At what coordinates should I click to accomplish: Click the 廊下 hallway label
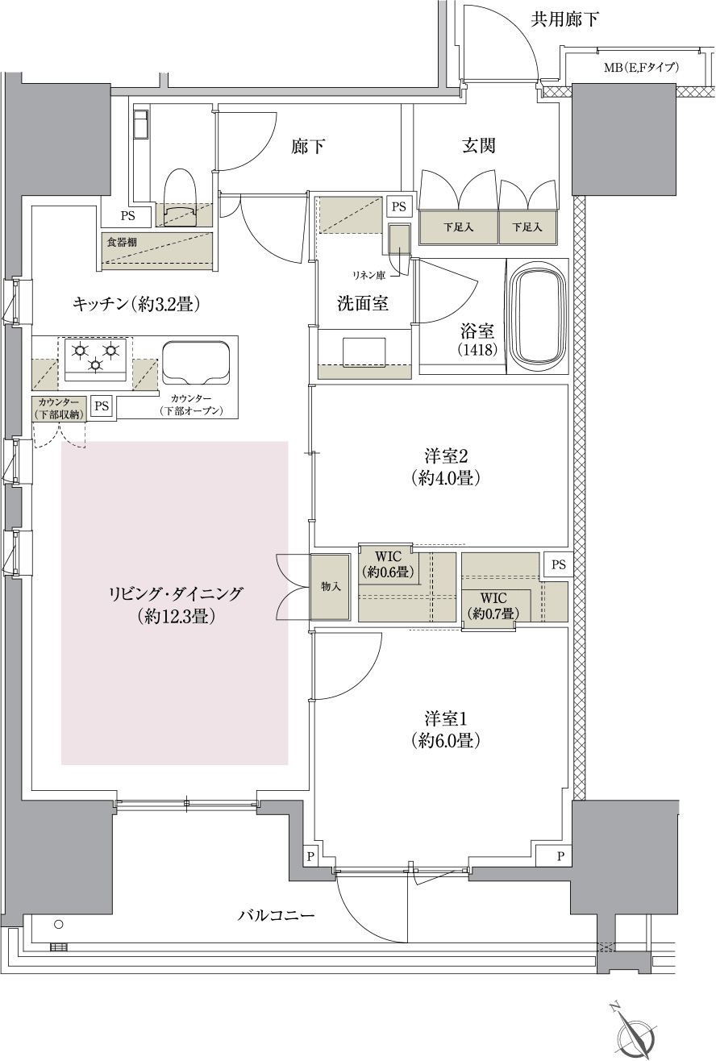(310, 147)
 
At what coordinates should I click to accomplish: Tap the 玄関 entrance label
(478, 146)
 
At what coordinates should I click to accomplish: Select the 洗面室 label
(363, 303)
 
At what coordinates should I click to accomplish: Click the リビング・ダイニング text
(175, 595)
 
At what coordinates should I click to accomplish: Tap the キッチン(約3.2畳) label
(135, 304)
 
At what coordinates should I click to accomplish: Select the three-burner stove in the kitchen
(96, 356)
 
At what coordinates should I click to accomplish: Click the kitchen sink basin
(196, 362)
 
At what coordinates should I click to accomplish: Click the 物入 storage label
(331, 586)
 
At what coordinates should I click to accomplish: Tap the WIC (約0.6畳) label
(389, 564)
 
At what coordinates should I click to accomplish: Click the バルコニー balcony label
(276, 916)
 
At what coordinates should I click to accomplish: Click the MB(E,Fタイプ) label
(641, 68)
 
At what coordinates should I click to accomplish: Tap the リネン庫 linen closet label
(365, 276)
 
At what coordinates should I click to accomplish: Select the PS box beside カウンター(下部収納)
(101, 406)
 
